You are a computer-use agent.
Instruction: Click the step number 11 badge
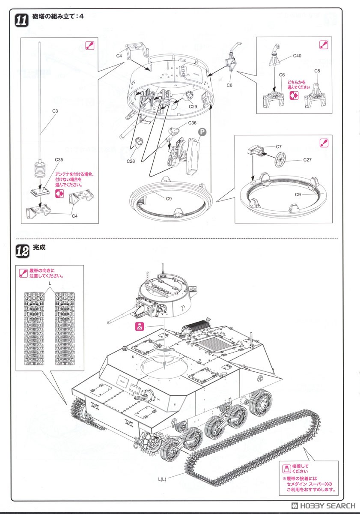22,20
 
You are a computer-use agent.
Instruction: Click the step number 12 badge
22,251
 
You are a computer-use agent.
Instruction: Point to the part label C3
55,111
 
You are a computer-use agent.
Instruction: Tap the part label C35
59,159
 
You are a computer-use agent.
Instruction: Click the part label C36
192,123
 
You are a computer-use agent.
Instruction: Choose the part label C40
297,56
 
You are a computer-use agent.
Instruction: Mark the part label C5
317,71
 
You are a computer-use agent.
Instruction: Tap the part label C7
279,146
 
